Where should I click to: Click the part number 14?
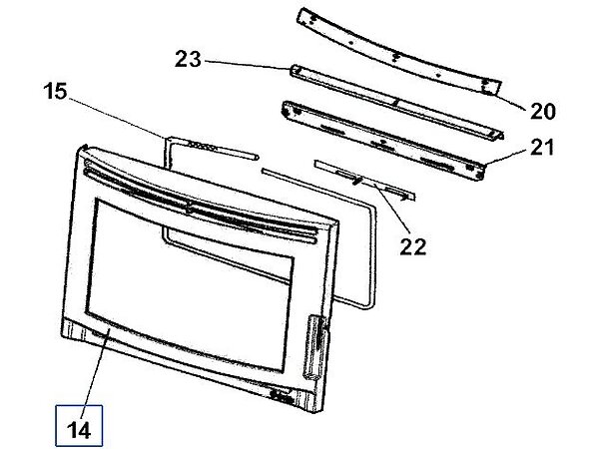(x=79, y=430)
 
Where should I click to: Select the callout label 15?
(x=55, y=92)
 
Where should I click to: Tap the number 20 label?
(x=543, y=112)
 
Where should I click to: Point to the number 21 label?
(x=542, y=148)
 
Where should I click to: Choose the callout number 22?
(x=413, y=246)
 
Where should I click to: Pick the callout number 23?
(x=188, y=60)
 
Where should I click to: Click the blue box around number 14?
(x=79, y=425)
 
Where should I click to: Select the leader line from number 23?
(x=248, y=65)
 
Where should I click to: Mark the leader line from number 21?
(x=506, y=158)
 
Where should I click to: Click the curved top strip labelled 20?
(x=399, y=52)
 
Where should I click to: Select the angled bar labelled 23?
(x=396, y=103)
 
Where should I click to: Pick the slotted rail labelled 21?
(x=383, y=140)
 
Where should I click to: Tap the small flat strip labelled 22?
(x=364, y=180)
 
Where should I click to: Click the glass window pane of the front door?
(x=190, y=284)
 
